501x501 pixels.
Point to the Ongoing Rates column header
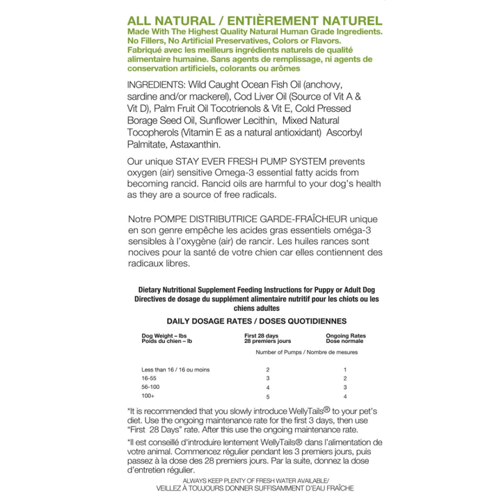[x=346, y=335]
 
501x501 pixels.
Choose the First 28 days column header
[x=261, y=335]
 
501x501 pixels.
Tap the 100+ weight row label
[x=148, y=396]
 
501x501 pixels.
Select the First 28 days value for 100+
[x=267, y=396]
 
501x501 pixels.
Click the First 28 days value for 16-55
[x=267, y=378]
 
